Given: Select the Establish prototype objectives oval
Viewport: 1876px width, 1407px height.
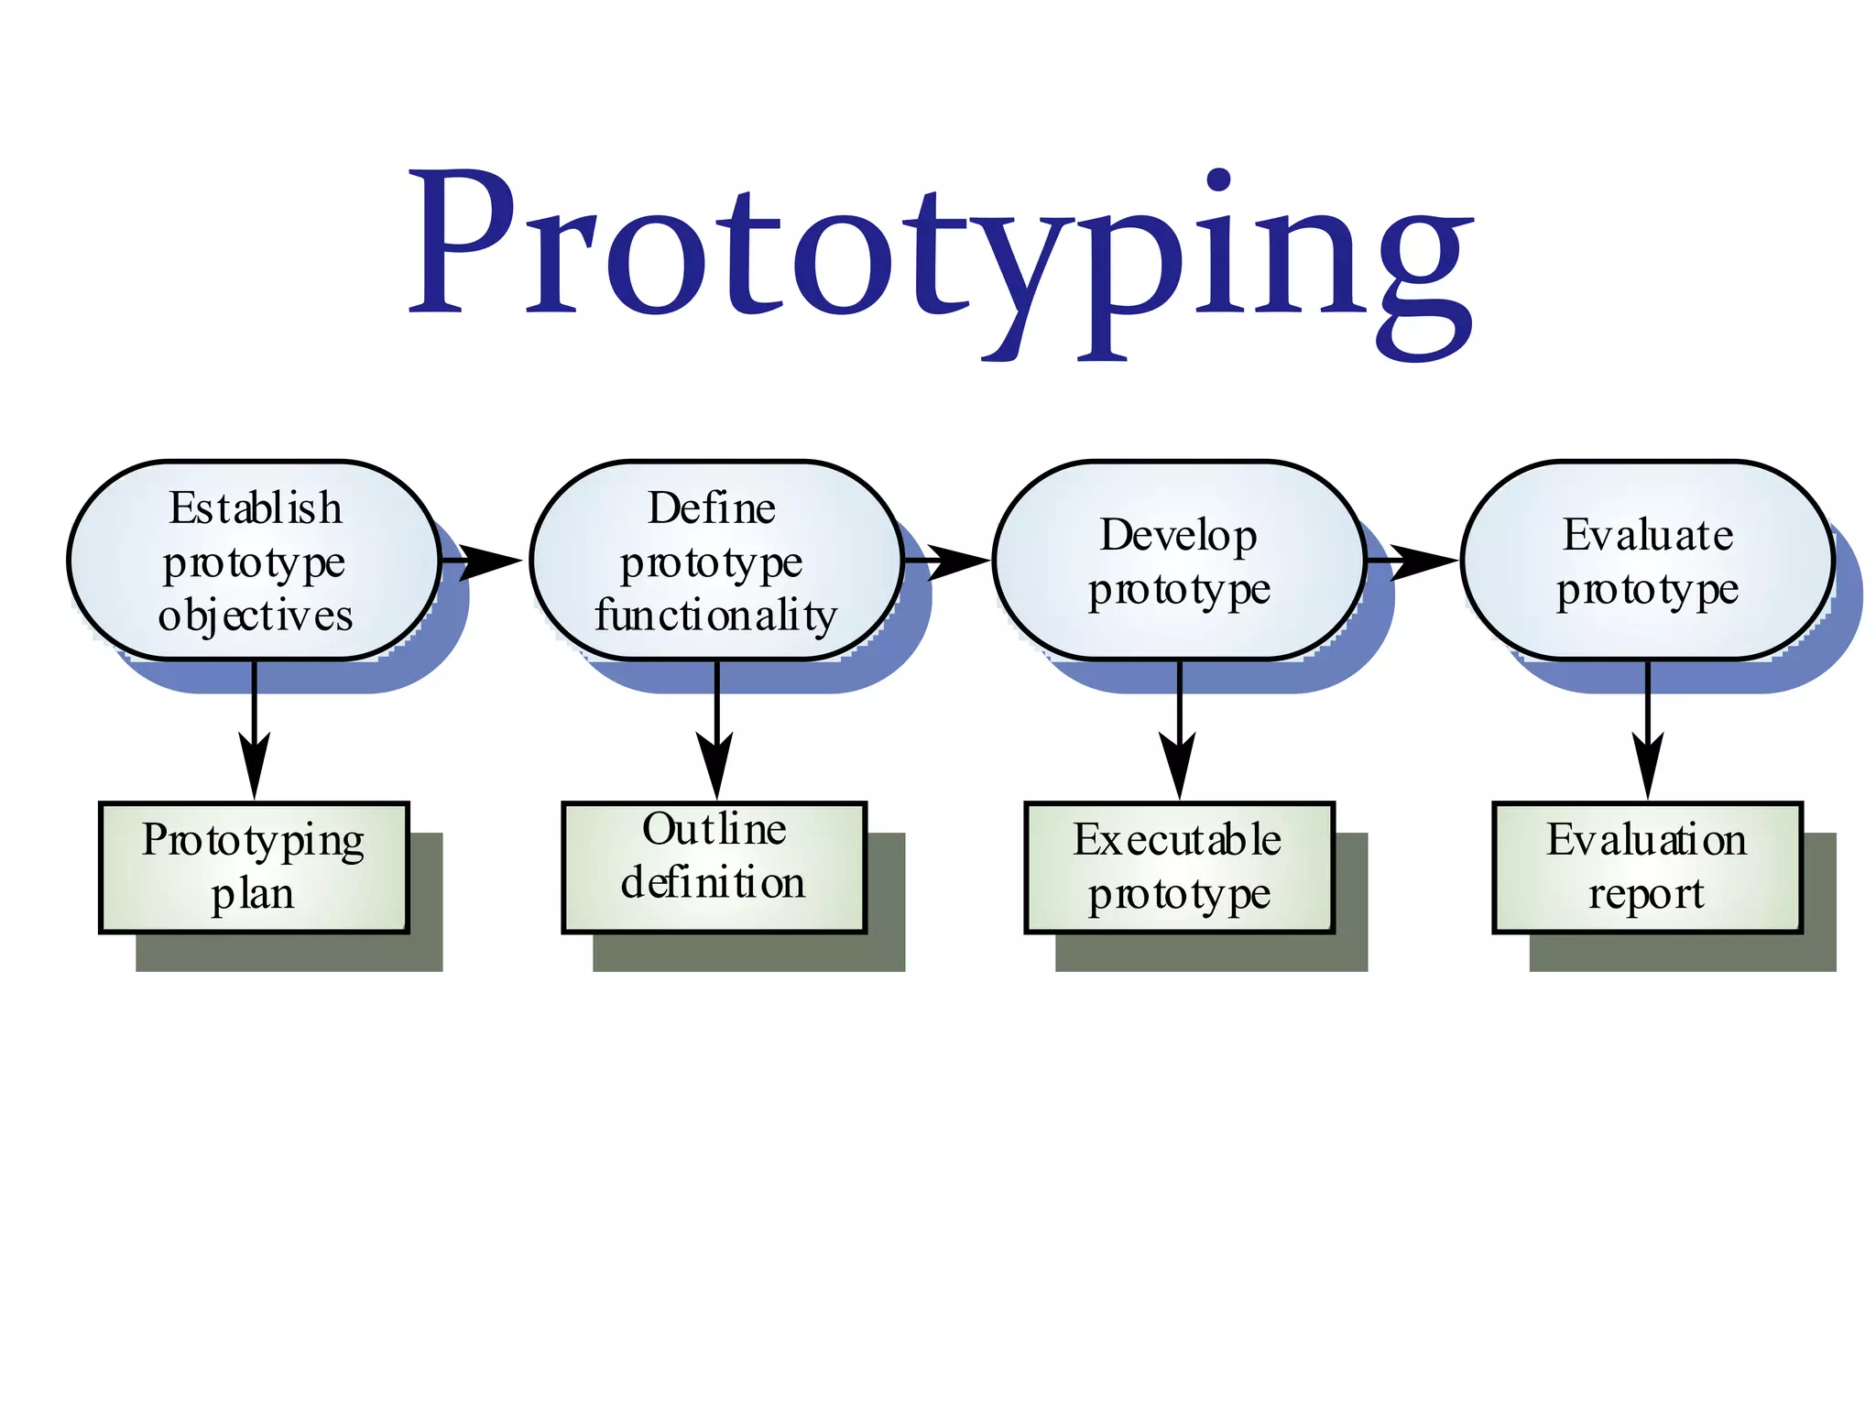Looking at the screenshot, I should tap(254, 561).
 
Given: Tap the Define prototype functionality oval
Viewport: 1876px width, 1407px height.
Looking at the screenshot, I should tap(716, 561).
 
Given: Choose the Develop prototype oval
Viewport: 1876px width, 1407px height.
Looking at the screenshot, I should tap(1179, 561).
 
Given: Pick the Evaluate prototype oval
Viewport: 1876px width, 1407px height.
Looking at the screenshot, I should tap(1647, 561).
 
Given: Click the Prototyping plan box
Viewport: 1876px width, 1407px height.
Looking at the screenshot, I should tap(254, 867).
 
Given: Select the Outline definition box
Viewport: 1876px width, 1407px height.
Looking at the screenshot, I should tap(714, 867).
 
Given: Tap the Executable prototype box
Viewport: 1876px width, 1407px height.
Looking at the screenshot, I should tap(1179, 867).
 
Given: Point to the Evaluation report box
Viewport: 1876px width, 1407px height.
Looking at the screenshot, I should tap(1647, 867).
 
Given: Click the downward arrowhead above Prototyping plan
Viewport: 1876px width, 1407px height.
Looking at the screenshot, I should tap(254, 765).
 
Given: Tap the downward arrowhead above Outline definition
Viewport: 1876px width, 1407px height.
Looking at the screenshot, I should tap(715, 765).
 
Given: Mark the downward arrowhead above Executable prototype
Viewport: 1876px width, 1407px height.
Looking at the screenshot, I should tap(1179, 765).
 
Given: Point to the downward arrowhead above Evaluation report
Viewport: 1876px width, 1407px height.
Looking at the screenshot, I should tap(1647, 765).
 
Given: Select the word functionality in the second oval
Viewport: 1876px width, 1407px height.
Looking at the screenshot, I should tap(715, 616).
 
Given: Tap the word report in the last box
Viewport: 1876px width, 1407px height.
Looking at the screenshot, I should tap(1646, 894).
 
